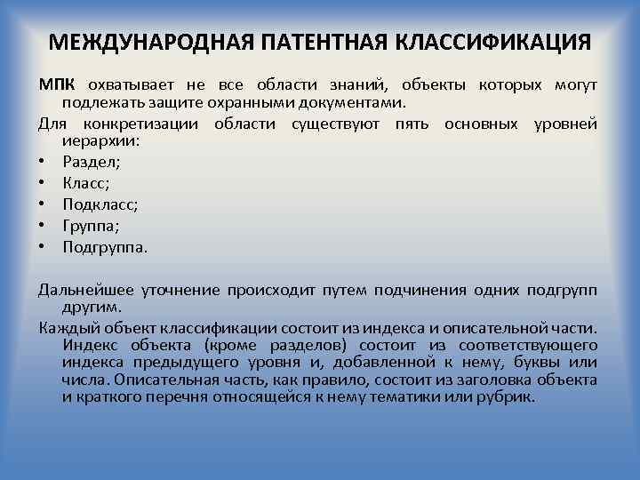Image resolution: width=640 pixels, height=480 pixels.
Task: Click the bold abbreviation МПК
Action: point(57,85)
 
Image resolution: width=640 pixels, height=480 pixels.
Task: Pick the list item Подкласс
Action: point(100,204)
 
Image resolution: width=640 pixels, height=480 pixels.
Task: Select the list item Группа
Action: point(92,226)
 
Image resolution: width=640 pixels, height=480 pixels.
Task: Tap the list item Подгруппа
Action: point(105,247)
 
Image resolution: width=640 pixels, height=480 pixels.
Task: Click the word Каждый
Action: point(65,326)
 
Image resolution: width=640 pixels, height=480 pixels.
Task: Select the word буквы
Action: point(525,363)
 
